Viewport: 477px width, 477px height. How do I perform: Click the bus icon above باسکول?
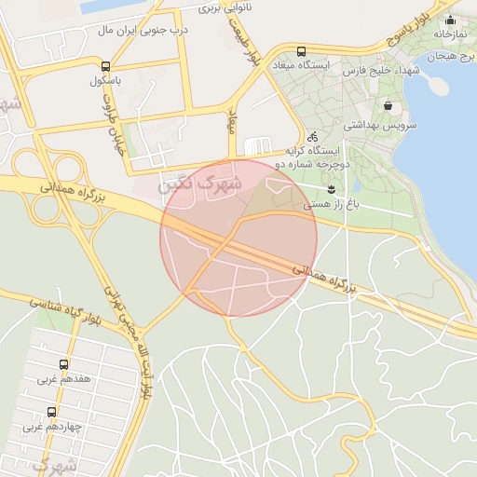(x=105, y=67)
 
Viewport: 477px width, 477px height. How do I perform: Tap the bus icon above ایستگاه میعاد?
(x=300, y=52)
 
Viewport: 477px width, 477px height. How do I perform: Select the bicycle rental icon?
(x=312, y=136)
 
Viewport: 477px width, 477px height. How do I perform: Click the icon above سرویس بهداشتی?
(x=388, y=106)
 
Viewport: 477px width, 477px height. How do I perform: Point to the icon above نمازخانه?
(x=451, y=20)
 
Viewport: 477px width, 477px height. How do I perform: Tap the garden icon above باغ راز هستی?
(x=331, y=189)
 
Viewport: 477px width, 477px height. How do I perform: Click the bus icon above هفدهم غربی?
(x=63, y=365)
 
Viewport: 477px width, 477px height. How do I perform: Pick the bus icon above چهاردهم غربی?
(x=51, y=412)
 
